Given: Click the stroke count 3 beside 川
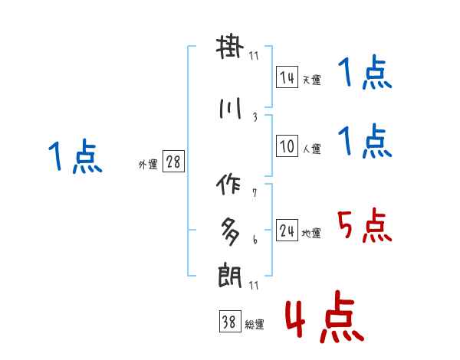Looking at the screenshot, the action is click(x=255, y=117).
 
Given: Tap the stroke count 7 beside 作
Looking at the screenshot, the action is click(x=255, y=193).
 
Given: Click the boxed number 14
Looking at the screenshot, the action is click(x=287, y=77).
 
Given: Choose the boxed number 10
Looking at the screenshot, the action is click(x=287, y=146).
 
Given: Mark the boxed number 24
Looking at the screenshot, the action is click(x=287, y=231).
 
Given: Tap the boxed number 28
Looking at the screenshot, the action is click(x=173, y=162).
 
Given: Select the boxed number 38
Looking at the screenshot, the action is click(x=229, y=322).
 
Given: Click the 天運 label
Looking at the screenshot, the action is click(x=311, y=80).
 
